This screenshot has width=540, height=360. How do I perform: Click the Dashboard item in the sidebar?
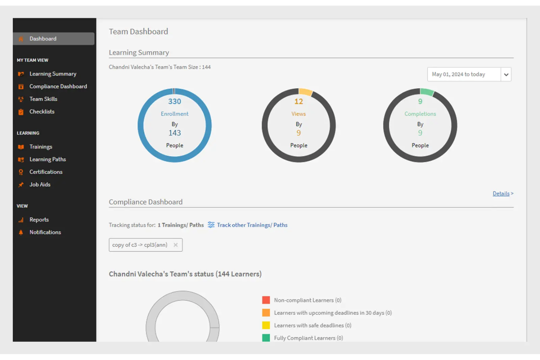click(43, 39)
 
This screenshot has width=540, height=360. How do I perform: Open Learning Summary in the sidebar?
click(53, 74)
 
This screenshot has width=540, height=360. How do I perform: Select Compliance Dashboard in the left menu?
click(58, 86)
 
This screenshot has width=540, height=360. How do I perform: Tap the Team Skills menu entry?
click(43, 99)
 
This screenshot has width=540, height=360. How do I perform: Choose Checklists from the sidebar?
click(42, 112)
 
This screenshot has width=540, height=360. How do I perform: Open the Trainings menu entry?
click(40, 147)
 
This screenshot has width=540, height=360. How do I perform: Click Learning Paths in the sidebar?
click(47, 159)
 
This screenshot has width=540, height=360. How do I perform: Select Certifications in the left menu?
click(46, 172)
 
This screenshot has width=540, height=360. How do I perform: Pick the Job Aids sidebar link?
click(40, 185)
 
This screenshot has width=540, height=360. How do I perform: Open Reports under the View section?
click(39, 220)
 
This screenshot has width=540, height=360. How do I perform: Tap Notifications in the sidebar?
click(45, 232)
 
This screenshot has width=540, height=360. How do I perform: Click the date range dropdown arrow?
click(506, 74)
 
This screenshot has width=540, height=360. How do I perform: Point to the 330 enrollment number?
click(174, 101)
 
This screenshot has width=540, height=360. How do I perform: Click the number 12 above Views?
click(298, 101)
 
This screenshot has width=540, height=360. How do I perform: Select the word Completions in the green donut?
click(420, 114)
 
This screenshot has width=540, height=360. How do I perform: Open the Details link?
click(501, 194)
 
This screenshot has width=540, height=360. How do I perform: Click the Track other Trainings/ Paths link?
click(252, 225)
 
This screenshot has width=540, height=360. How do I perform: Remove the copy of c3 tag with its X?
click(175, 245)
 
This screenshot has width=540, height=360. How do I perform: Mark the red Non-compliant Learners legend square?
click(266, 300)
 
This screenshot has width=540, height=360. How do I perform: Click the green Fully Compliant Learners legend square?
click(266, 338)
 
